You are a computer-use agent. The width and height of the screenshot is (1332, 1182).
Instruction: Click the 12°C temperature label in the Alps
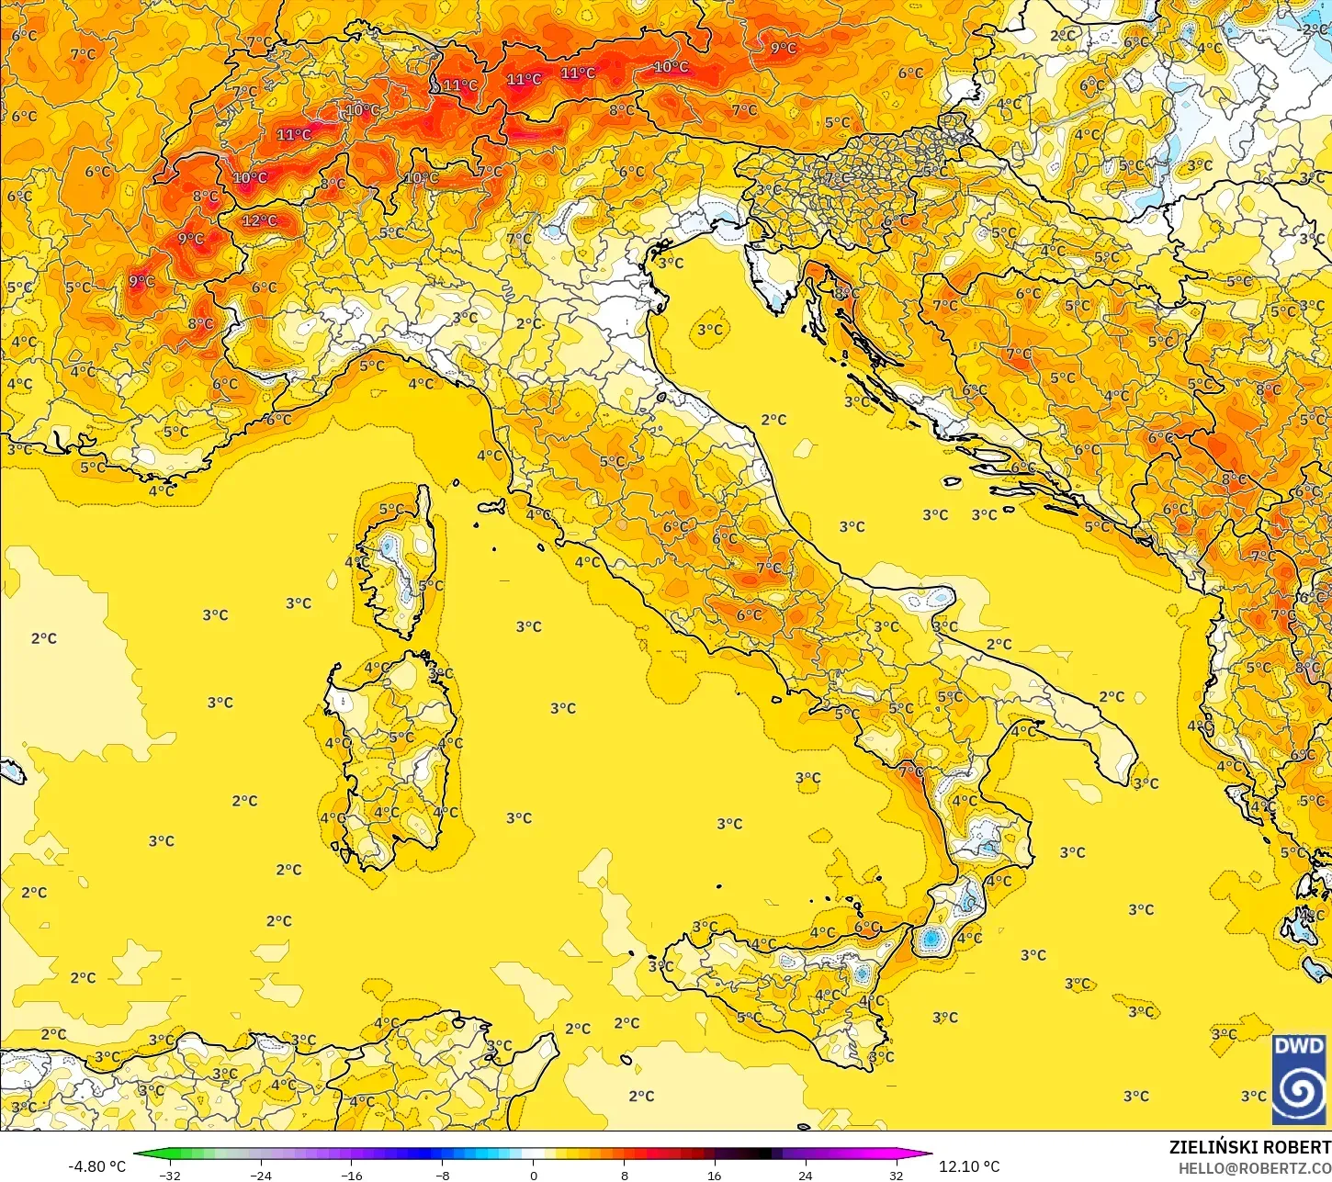pyautogui.click(x=259, y=220)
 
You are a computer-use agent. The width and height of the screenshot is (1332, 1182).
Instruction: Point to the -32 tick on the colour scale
pyautogui.click(x=170, y=1175)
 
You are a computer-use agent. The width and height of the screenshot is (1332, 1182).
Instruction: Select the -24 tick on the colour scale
pyautogui.click(x=261, y=1175)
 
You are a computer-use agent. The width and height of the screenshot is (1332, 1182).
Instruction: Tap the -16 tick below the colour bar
pyautogui.click(x=352, y=1175)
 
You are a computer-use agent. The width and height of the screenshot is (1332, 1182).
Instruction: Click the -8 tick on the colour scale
pyautogui.click(x=443, y=1175)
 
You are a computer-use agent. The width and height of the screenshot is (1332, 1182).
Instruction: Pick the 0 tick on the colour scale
pyautogui.click(x=533, y=1175)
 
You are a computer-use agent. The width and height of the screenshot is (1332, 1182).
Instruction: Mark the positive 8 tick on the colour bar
pyautogui.click(x=624, y=1175)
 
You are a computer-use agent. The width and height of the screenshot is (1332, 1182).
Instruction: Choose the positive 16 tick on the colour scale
pyautogui.click(x=715, y=1175)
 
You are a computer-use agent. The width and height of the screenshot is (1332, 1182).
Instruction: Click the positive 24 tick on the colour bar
pyautogui.click(x=806, y=1175)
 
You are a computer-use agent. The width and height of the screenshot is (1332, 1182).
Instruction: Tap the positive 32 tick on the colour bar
pyautogui.click(x=896, y=1175)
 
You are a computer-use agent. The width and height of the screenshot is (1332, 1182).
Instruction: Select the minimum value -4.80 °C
pyautogui.click(x=96, y=1166)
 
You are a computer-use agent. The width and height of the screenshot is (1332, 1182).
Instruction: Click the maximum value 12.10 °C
pyautogui.click(x=969, y=1166)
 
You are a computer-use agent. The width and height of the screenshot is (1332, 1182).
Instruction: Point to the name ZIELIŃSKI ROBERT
pyautogui.click(x=1249, y=1147)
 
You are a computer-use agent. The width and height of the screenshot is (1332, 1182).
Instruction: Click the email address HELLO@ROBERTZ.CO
pyautogui.click(x=1255, y=1168)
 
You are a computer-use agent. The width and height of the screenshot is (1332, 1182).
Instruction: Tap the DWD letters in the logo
pyautogui.click(x=1299, y=1047)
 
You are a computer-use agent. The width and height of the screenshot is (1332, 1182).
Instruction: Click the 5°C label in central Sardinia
pyautogui.click(x=401, y=737)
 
